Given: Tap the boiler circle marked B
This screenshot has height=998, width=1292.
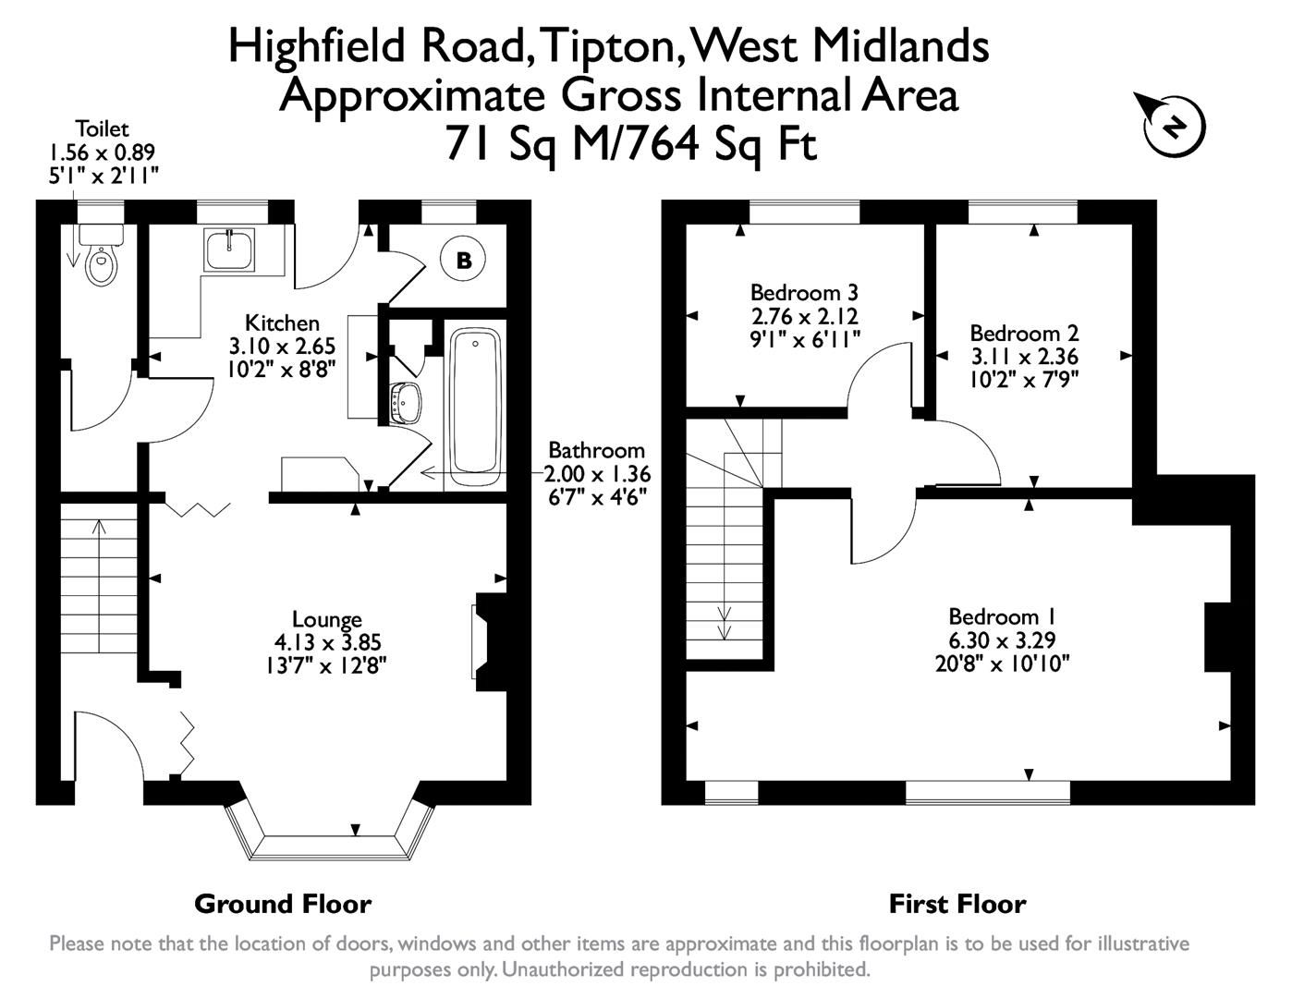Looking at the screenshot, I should tap(464, 261).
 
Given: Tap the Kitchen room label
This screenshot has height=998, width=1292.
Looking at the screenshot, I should tap(282, 323).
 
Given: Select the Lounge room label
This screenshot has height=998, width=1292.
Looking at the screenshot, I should tap(326, 619).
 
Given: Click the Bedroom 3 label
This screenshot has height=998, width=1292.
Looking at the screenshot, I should tap(804, 293).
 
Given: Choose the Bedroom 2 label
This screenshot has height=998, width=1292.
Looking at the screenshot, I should tap(1024, 333).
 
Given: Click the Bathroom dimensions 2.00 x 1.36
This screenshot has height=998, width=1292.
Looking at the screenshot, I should tap(597, 474).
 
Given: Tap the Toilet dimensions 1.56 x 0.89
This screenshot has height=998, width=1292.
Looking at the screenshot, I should tap(102, 152).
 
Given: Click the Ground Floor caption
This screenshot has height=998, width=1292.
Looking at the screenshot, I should tap(283, 904).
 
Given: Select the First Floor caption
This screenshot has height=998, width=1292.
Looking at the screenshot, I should tap(957, 904).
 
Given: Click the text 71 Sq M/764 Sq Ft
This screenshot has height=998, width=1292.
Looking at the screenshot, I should tap(631, 143).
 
